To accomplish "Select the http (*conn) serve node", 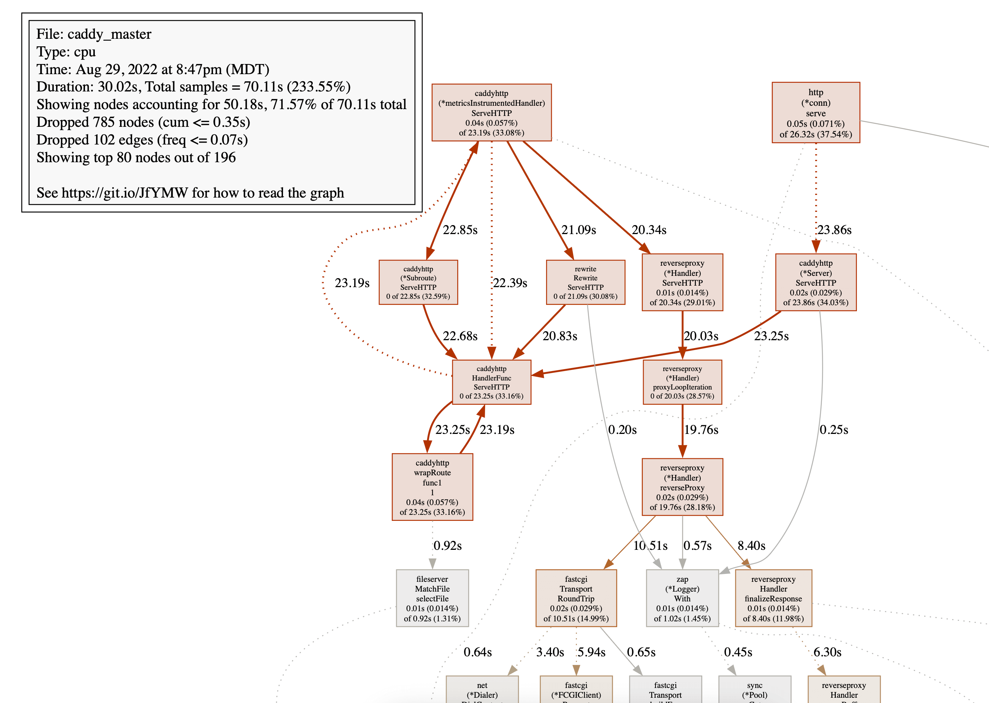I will click(x=816, y=113).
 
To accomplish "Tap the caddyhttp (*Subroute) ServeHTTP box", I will click(x=418, y=282).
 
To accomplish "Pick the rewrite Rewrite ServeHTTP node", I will click(x=585, y=282).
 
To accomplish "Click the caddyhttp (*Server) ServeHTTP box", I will click(x=816, y=282).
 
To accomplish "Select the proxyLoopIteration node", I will click(x=682, y=382).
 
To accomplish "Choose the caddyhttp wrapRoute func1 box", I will click(x=432, y=487).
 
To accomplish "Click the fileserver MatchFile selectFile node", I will click(x=432, y=598).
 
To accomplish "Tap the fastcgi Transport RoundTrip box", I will click(x=576, y=598).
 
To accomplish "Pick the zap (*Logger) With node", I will click(x=682, y=598).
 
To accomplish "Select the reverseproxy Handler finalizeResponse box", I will click(x=773, y=598).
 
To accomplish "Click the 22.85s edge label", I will click(x=460, y=230).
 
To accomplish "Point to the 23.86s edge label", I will click(x=834, y=230).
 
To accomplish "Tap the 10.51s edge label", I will click(x=650, y=545).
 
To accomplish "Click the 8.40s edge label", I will click(x=752, y=545).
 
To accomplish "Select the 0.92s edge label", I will click(x=447, y=545).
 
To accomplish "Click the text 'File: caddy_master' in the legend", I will click(x=94, y=34).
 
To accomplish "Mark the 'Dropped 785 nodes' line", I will click(x=143, y=122).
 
